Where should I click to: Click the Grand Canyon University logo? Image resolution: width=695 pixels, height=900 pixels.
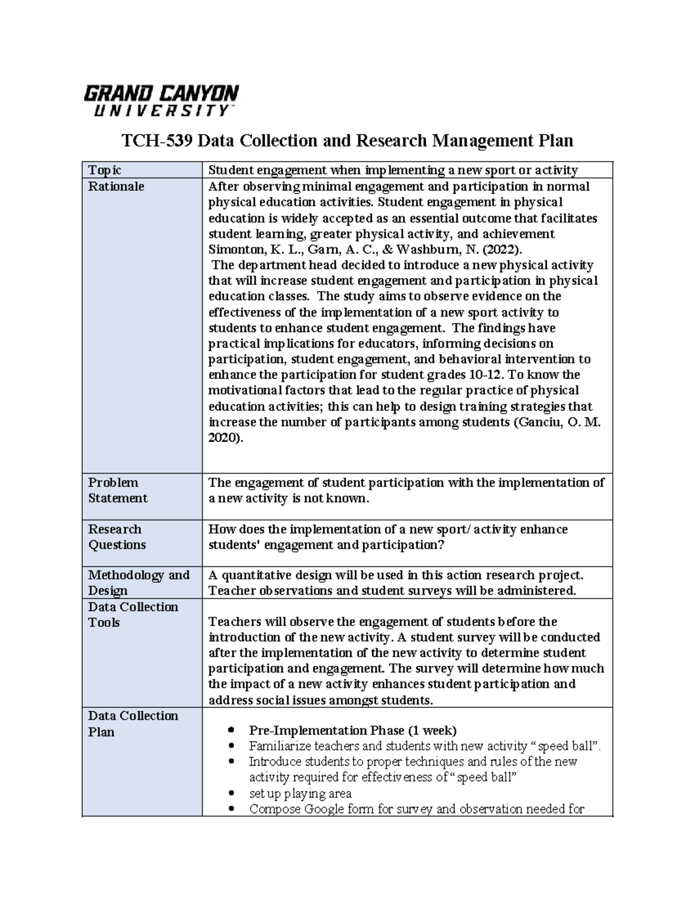161,101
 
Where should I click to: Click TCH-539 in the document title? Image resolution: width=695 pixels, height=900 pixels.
156,141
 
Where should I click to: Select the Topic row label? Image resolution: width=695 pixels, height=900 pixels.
104,170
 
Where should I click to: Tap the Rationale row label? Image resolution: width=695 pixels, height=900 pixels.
116,187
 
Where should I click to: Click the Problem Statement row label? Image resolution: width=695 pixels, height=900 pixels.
118,490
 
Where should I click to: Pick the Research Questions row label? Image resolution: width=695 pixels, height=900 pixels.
116,537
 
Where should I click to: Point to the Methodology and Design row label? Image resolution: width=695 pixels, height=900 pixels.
138,582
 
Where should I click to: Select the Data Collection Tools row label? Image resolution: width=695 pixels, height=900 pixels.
133,614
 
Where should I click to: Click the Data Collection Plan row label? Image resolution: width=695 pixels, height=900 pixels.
133,723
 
